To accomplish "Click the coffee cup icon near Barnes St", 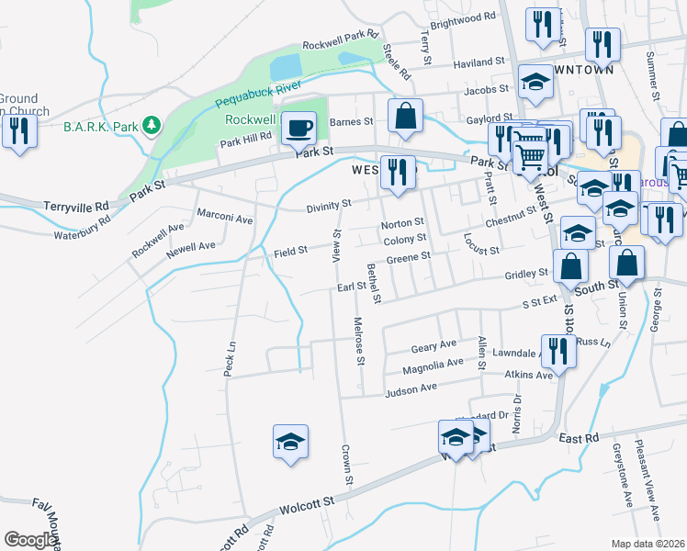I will pos(298,128).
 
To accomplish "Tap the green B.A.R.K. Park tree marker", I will pos(153,125).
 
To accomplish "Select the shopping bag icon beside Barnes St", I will pos(405,117).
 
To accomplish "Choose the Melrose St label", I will pos(359,337).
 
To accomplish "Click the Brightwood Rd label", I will pos(463,18).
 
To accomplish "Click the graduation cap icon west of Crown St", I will pos(290,443).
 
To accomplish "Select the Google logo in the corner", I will pos(30,540).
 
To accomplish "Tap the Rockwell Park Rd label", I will pos(341,41).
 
